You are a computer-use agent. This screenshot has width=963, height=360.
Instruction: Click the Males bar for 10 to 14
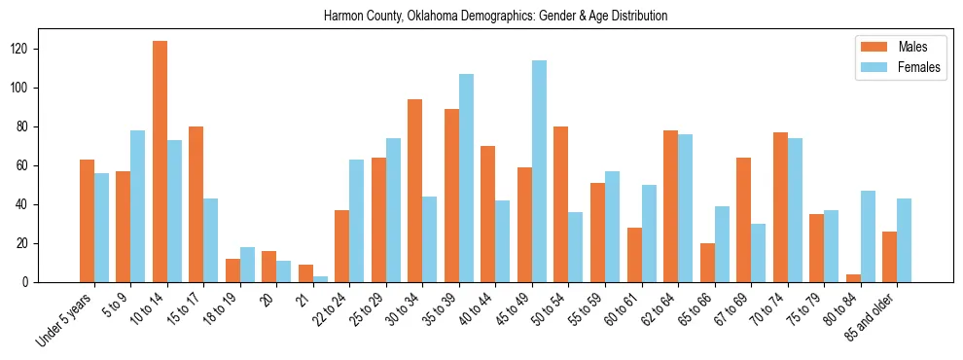[160, 162]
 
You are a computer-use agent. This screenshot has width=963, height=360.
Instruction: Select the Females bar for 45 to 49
[539, 171]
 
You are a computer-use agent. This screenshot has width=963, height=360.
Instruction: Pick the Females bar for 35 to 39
[466, 178]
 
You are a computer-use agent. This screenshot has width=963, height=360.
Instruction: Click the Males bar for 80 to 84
[853, 278]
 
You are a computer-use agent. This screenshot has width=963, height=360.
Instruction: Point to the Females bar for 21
[320, 279]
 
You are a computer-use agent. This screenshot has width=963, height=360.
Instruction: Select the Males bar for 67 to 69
[743, 220]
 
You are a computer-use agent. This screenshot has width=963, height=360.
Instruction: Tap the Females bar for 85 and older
[904, 240]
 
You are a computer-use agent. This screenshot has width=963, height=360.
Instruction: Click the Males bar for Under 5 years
[87, 221]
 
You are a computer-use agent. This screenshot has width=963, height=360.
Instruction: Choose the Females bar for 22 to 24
[357, 221]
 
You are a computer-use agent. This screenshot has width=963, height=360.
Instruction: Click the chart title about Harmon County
[495, 16]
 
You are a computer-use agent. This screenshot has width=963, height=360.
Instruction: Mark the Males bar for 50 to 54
[561, 204]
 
